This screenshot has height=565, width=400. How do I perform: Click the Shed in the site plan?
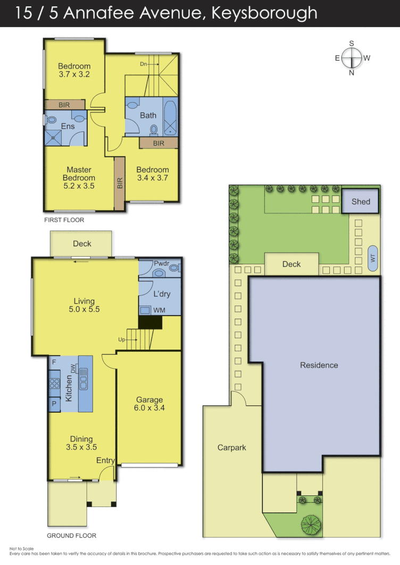(x=361, y=202)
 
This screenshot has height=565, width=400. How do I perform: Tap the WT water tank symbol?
(x=372, y=257)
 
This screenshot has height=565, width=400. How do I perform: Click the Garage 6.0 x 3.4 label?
(x=149, y=404)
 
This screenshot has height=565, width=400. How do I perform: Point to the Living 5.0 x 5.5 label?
(x=84, y=305)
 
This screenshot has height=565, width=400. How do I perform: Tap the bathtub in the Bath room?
(x=171, y=118)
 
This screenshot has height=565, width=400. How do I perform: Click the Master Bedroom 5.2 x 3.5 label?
(x=79, y=178)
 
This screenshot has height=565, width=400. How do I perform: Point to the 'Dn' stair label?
(x=144, y=64)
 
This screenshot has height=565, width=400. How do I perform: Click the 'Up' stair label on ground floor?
(x=122, y=339)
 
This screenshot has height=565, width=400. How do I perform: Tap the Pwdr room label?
(x=161, y=263)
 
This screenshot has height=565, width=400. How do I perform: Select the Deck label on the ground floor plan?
(x=82, y=244)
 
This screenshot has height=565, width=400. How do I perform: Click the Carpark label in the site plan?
(x=232, y=447)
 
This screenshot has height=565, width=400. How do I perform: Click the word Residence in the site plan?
(x=319, y=365)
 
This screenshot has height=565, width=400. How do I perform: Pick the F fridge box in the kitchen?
(x=54, y=362)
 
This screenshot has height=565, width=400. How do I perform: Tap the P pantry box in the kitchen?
(x=54, y=403)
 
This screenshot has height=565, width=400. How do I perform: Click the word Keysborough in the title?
(x=264, y=13)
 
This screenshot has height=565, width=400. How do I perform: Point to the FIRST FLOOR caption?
(x=64, y=219)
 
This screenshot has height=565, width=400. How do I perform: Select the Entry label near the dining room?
(x=105, y=460)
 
